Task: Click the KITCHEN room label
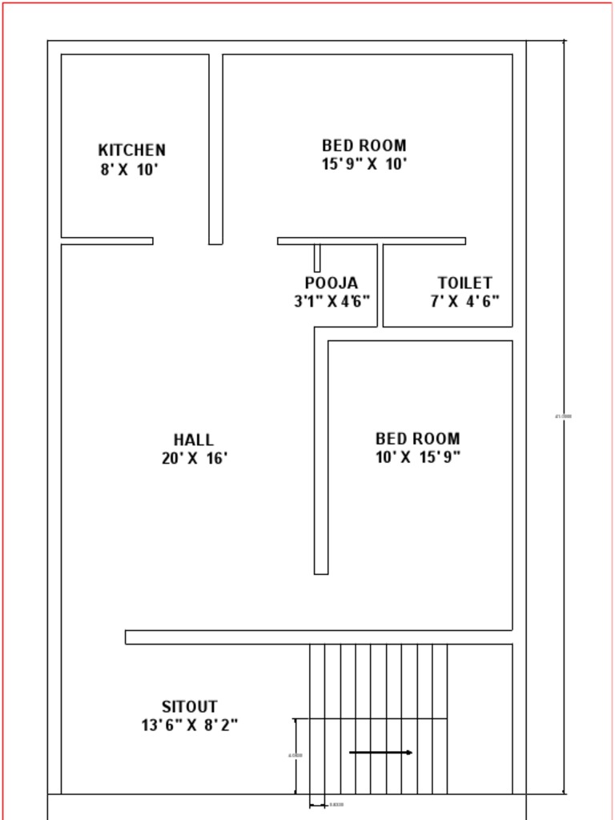pyautogui.click(x=132, y=150)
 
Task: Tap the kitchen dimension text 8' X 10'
pyautogui.click(x=130, y=170)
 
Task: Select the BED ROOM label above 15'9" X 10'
pyautogui.click(x=364, y=145)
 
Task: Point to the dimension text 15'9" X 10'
pyautogui.click(x=364, y=164)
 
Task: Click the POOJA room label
pyautogui.click(x=332, y=283)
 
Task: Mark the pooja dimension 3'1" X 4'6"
pyautogui.click(x=332, y=302)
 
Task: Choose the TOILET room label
pyautogui.click(x=464, y=283)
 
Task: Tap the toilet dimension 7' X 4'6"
pyautogui.click(x=464, y=302)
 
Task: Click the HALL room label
pyautogui.click(x=194, y=440)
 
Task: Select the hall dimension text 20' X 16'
pyautogui.click(x=195, y=459)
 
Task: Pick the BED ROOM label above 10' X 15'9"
pyautogui.click(x=418, y=438)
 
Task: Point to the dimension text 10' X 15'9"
pyautogui.click(x=418, y=457)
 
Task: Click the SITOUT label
pyautogui.click(x=190, y=706)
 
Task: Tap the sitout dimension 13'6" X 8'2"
pyautogui.click(x=190, y=726)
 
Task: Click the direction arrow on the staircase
pyautogui.click(x=381, y=752)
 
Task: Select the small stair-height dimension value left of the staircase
pyautogui.click(x=295, y=755)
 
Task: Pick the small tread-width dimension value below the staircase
pyautogui.click(x=336, y=805)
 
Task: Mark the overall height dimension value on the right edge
pyautogui.click(x=563, y=416)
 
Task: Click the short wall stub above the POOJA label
pyautogui.click(x=317, y=258)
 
